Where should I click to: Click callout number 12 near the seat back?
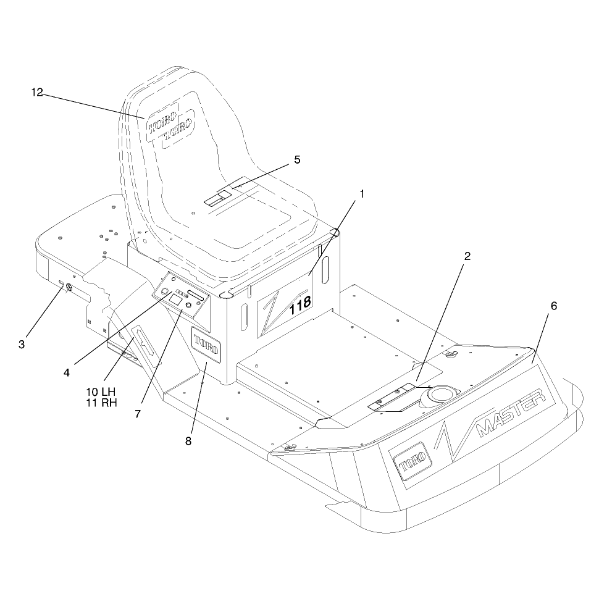click(x=37, y=93)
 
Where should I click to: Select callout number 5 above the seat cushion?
click(x=297, y=160)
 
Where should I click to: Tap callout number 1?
click(x=362, y=194)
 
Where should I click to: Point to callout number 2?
click(x=467, y=256)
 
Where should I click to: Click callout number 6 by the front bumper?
click(x=553, y=306)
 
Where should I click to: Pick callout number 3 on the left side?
click(x=22, y=345)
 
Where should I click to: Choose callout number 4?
click(x=67, y=373)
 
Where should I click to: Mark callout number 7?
click(x=138, y=414)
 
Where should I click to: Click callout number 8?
click(x=188, y=442)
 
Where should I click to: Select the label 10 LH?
click(x=101, y=392)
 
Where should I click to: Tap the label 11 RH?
click(x=101, y=403)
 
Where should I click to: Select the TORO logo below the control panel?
click(x=206, y=345)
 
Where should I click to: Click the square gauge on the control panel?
click(x=175, y=299)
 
